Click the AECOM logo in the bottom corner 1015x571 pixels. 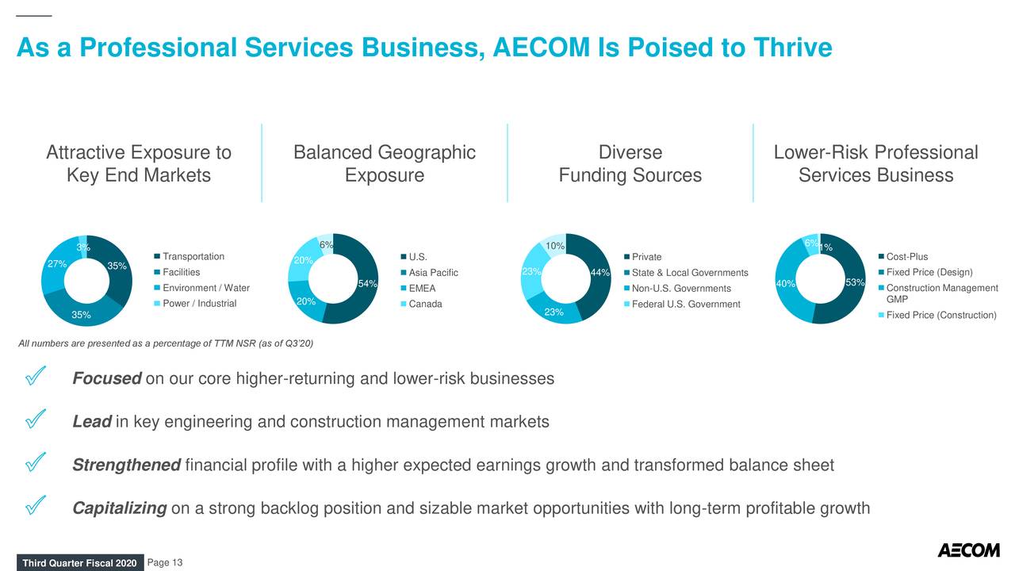(968, 550)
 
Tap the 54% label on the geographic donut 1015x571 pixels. (367, 284)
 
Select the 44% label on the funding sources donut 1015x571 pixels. (599, 274)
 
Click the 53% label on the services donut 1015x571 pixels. (856, 283)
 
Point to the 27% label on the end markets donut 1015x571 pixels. (56, 264)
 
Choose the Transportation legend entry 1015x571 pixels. (193, 256)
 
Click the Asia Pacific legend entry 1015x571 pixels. (433, 273)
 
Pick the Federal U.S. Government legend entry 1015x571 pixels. (686, 305)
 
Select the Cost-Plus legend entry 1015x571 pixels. (906, 256)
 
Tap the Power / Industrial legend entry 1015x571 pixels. (199, 304)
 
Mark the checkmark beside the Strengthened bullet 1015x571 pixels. (35, 464)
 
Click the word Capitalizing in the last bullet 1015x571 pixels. (119, 508)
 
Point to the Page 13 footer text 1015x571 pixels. (165, 563)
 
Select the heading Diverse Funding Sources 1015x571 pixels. (630, 163)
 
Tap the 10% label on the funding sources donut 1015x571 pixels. (555, 246)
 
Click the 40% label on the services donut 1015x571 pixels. (785, 284)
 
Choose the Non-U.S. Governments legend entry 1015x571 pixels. (681, 289)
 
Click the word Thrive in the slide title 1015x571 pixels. (781, 48)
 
